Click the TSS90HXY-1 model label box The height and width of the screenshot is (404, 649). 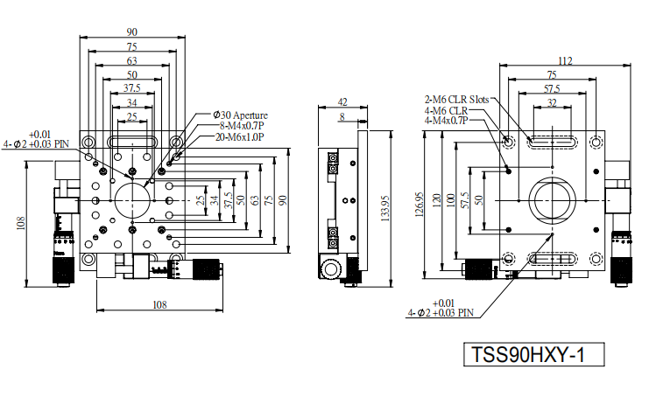533,354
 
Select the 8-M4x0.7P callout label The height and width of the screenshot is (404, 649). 242,126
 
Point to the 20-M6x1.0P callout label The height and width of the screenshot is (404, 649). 239,137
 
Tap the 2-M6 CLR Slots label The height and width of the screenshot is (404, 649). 456,100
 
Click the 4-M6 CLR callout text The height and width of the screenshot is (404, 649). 446,111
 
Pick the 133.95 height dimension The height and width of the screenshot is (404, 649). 384,208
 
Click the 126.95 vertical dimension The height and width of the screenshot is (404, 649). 419,204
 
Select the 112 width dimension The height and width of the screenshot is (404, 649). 565,61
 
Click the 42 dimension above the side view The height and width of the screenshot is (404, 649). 342,101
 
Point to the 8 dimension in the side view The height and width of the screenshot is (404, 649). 342,117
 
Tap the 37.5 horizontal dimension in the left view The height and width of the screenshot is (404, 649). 132,88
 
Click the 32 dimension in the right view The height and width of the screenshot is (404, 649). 552,103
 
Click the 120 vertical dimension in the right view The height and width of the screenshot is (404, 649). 436,200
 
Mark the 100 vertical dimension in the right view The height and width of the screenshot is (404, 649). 451,200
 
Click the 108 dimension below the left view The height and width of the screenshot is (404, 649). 159,305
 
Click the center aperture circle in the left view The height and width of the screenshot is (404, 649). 132,201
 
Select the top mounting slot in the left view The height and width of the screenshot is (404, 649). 132,142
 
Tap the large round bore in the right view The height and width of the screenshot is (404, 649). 553,201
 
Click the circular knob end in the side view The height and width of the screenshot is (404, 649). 330,269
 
